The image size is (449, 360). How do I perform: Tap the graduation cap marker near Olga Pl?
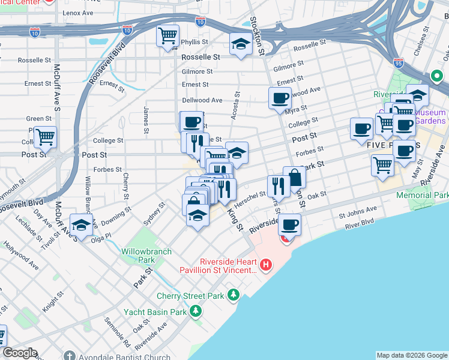(80, 224)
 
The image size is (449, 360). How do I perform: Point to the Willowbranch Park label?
(138, 256)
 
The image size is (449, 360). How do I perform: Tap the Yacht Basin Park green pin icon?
(196, 311)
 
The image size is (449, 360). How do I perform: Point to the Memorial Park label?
(422, 196)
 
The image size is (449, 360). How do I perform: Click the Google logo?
(19, 353)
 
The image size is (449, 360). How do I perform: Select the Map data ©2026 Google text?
(412, 355)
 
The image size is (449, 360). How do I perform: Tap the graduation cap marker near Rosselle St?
(241, 44)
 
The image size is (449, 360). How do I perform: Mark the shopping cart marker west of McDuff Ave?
(45, 136)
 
